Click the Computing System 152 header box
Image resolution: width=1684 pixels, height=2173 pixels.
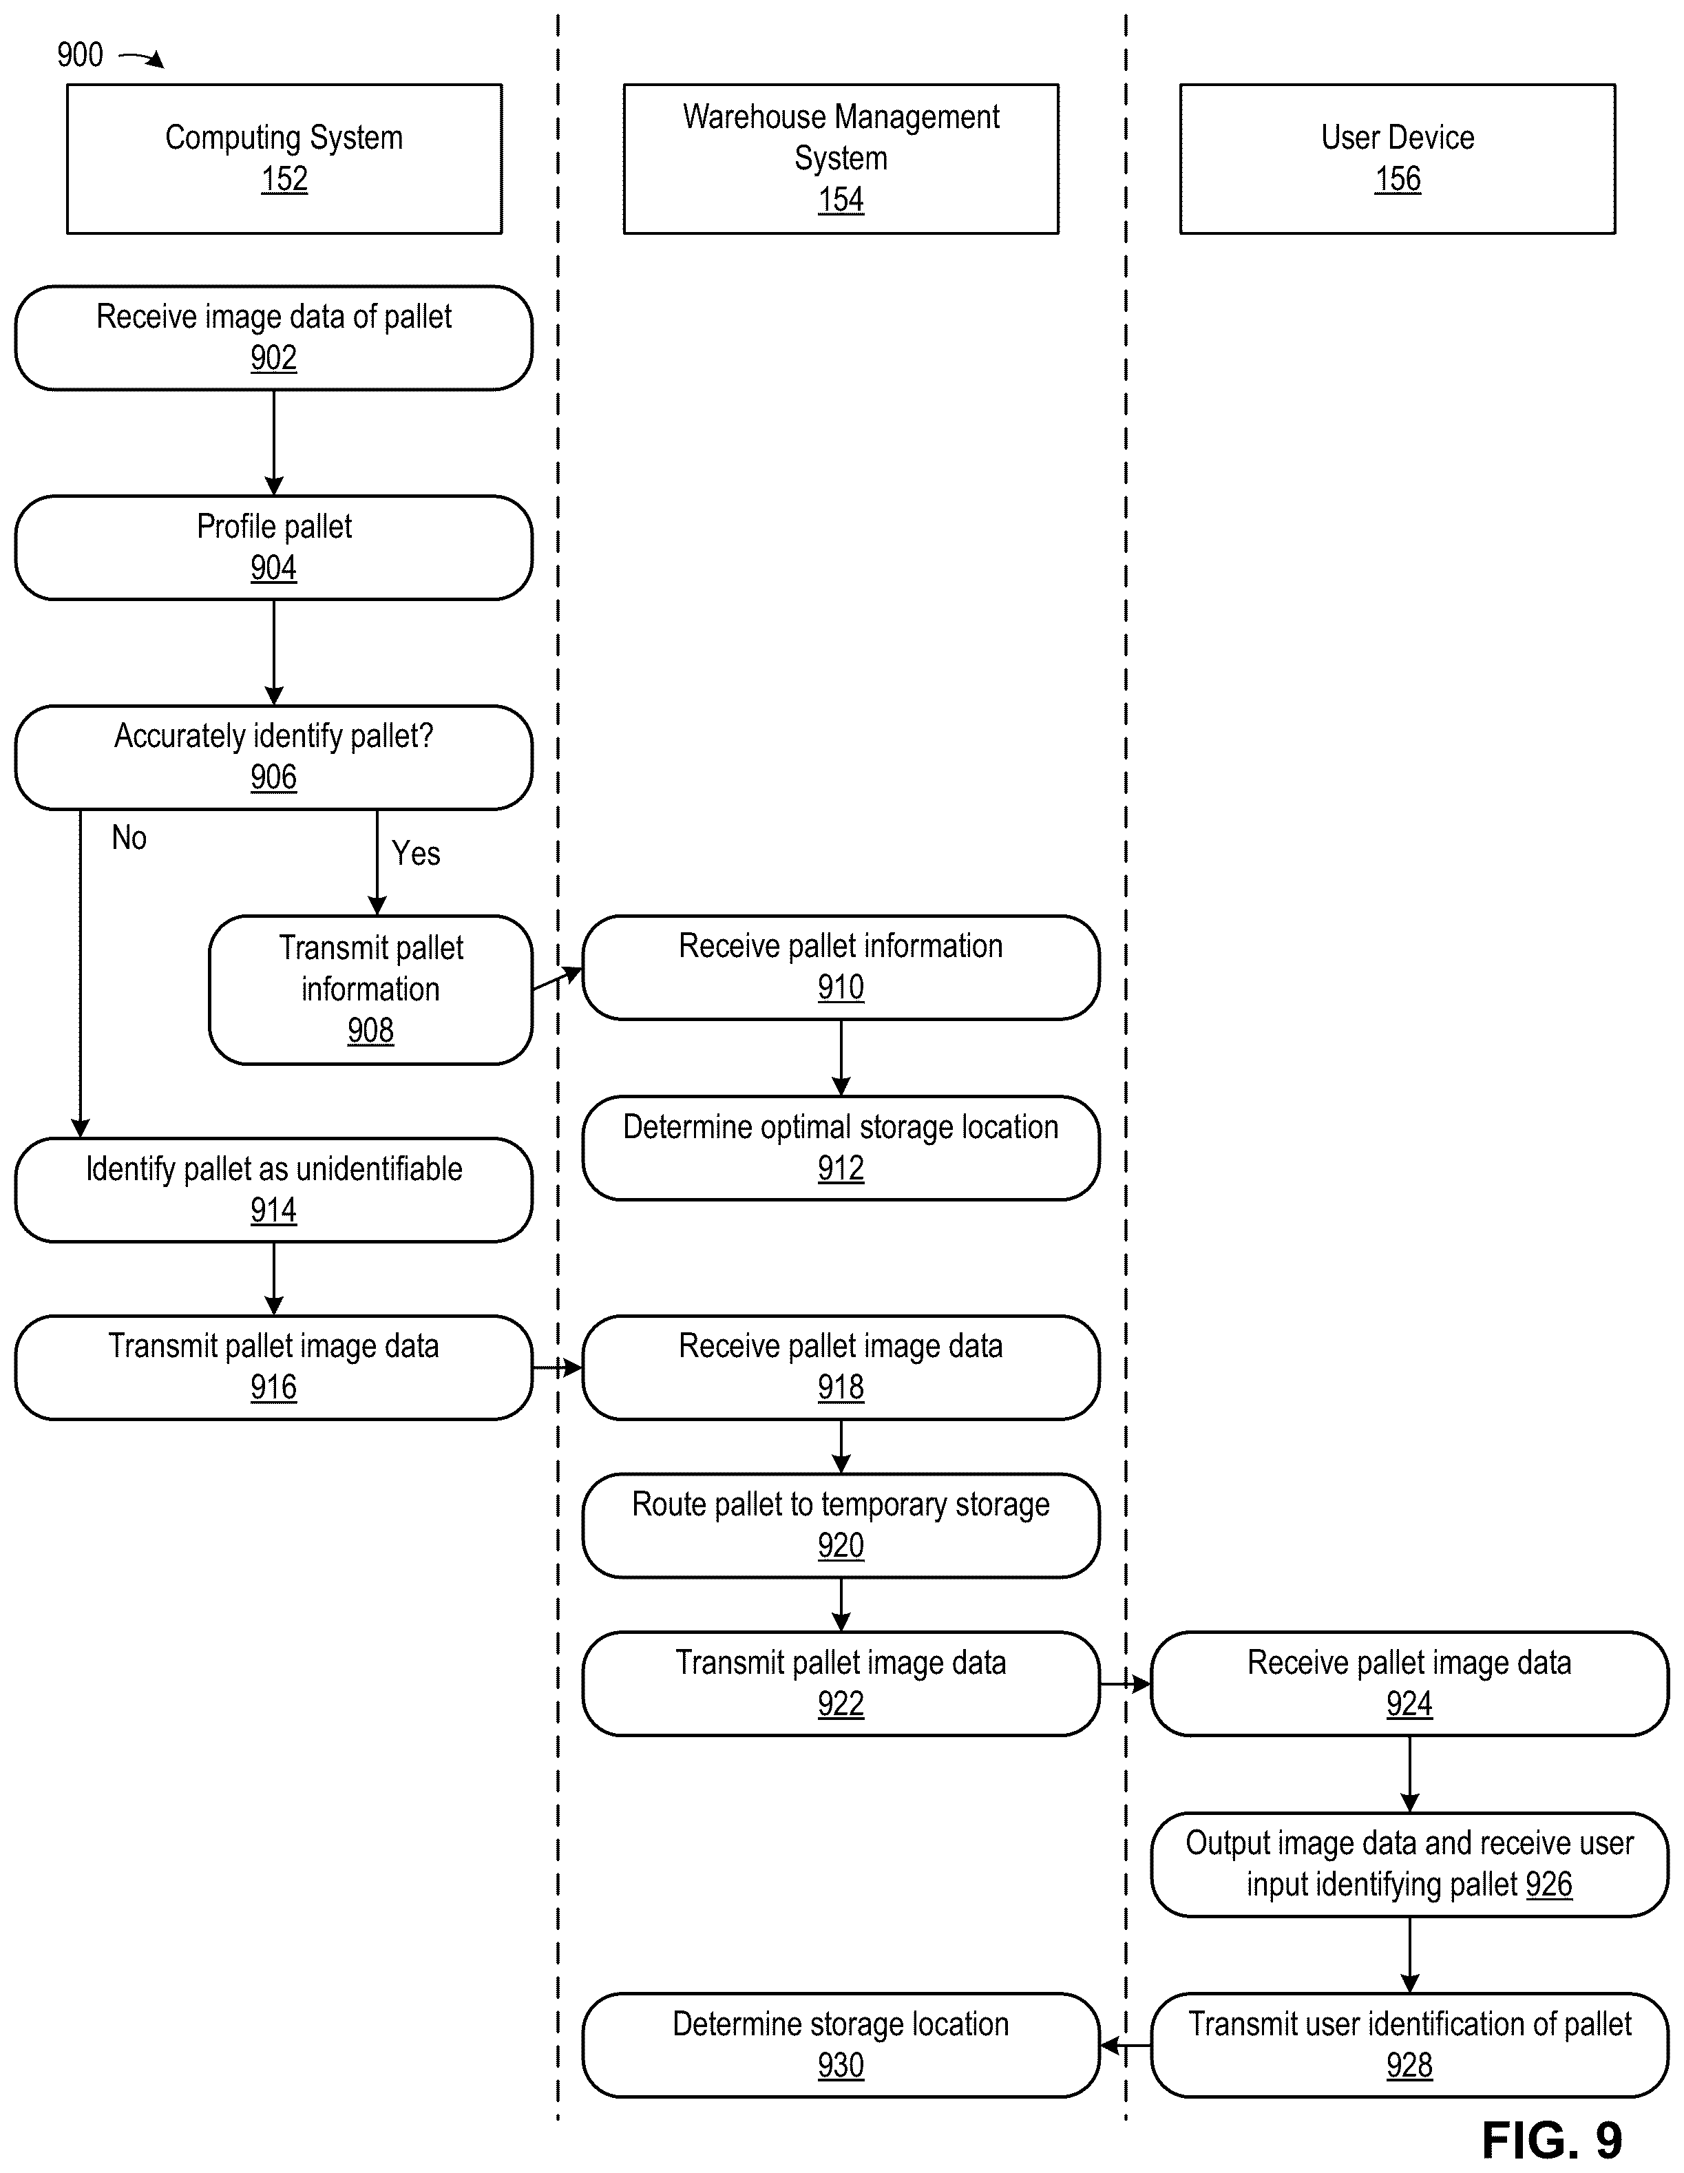(x=284, y=159)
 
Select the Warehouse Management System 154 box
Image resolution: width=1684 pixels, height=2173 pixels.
(x=841, y=159)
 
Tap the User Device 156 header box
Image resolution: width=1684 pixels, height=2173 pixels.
(x=1398, y=159)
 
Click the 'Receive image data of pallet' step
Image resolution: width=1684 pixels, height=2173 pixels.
(x=273, y=338)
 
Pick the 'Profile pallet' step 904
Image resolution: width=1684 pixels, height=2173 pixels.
(x=273, y=548)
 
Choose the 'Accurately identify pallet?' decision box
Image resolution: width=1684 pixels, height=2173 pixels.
(x=273, y=758)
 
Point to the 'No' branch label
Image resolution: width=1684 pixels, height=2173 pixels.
(x=129, y=838)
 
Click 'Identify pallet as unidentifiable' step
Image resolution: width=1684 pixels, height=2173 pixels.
(x=273, y=1190)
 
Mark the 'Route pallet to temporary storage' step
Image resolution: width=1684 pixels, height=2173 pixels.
(x=841, y=1525)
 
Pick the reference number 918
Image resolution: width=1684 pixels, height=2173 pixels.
(x=841, y=1387)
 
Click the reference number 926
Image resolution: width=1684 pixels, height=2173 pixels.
(x=1549, y=1885)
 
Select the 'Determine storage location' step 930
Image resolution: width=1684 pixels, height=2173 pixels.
(x=841, y=2045)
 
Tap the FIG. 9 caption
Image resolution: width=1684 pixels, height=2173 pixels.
(x=1553, y=2139)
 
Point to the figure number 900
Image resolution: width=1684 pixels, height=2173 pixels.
(x=80, y=54)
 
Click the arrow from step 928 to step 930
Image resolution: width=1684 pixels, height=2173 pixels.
(x=1126, y=2046)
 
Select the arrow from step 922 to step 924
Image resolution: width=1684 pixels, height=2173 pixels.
(x=1126, y=1684)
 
